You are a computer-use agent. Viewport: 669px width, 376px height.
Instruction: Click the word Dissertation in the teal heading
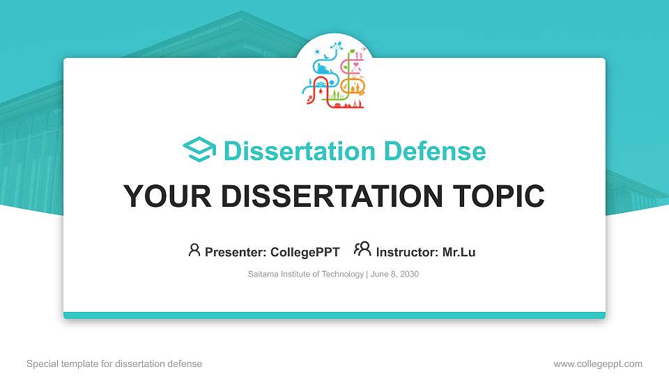coord(300,151)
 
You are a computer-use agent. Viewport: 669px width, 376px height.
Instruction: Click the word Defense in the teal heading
coord(435,151)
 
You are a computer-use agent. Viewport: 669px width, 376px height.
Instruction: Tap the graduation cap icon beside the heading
coord(199,149)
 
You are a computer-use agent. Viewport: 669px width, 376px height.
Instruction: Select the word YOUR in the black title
coord(167,196)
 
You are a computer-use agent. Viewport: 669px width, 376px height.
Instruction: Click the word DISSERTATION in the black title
coord(332,196)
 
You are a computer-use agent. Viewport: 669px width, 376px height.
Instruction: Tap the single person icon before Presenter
coord(194,250)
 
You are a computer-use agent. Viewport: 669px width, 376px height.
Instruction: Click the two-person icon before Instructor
coord(362,249)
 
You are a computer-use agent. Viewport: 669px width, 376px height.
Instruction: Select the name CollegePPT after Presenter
coord(305,252)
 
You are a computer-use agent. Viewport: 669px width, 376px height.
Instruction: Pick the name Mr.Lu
coord(459,252)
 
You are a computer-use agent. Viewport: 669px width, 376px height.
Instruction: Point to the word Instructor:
coord(407,252)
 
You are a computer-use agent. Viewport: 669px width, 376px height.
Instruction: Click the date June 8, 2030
coord(394,274)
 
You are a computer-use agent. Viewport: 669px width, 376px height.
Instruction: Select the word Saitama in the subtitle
coord(263,274)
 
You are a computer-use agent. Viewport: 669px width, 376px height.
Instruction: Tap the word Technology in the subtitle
coord(342,274)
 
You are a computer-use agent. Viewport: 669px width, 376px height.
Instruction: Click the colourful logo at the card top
coord(334,75)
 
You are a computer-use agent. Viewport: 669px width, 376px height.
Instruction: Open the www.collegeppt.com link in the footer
coord(598,364)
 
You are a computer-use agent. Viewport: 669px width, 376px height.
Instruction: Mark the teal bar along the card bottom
coord(334,315)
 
